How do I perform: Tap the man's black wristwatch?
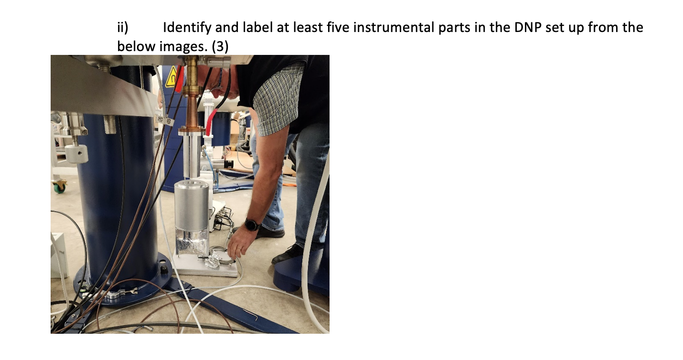point(252,224)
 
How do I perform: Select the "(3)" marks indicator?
point(219,46)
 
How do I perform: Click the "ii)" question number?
point(123,27)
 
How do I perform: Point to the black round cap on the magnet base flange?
point(164,270)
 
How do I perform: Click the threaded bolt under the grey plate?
point(109,123)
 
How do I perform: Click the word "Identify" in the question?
point(188,27)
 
